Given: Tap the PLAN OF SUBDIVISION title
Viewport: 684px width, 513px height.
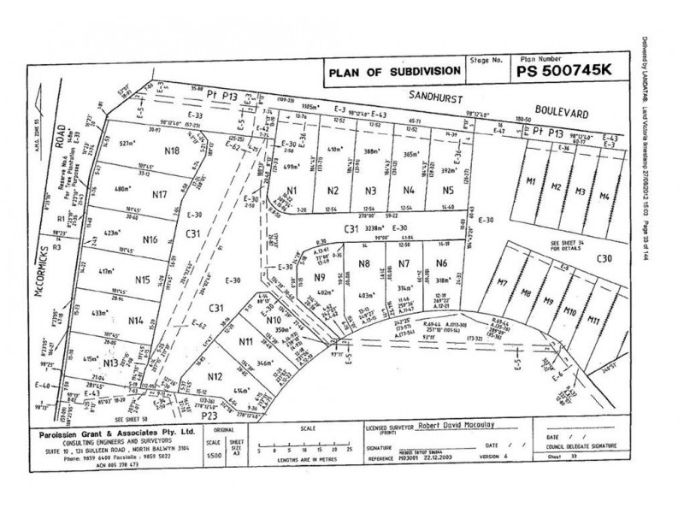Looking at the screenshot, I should pyautogui.click(x=388, y=74).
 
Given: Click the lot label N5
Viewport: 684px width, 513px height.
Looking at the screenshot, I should pyautogui.click(x=447, y=190).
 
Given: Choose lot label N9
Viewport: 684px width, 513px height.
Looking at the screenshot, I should pyautogui.click(x=319, y=277).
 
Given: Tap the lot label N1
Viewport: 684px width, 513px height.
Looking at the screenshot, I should pyautogui.click(x=292, y=191).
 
